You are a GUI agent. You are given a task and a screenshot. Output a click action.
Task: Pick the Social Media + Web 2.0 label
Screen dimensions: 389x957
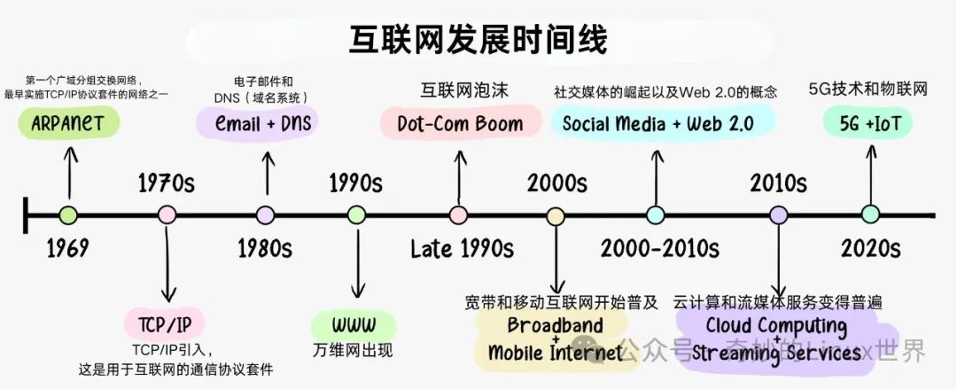coord(657,123)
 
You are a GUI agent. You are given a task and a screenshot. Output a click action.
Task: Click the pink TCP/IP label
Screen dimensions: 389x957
coord(166,321)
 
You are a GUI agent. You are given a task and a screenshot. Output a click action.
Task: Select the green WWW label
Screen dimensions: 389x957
coord(354,321)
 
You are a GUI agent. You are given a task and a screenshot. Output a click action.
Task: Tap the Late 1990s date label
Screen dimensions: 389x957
coord(462,248)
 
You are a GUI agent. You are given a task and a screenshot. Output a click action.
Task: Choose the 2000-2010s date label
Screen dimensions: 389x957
coord(659,248)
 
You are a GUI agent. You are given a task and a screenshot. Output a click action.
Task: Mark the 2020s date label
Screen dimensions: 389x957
coord(870,248)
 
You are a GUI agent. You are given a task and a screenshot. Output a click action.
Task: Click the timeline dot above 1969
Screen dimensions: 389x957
coord(68,214)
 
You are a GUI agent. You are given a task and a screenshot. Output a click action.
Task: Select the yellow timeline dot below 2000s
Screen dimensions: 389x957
coord(556,214)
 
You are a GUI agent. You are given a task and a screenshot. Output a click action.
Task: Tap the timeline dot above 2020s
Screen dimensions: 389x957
coord(870,214)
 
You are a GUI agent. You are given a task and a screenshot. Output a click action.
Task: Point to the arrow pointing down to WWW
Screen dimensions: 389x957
coord(357,261)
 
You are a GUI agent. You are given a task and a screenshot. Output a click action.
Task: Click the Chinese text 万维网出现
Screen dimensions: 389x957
coord(354,349)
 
